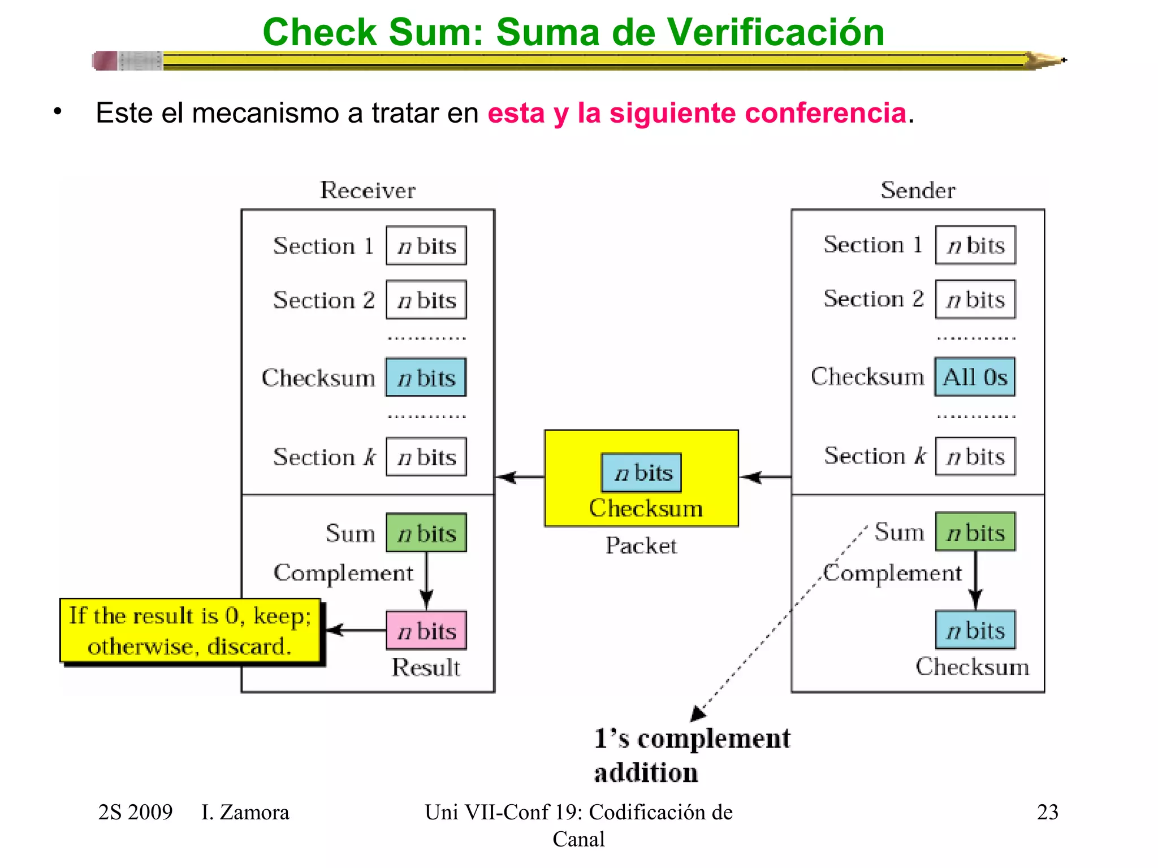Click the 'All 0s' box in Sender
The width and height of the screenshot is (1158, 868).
pyautogui.click(x=975, y=377)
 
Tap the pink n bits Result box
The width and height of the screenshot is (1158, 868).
pyautogui.click(x=426, y=631)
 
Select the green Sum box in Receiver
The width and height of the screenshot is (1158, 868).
pyautogui.click(x=426, y=533)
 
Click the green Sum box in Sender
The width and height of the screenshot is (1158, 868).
pyautogui.click(x=975, y=532)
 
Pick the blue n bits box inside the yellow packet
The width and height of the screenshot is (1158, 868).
pyautogui.click(x=642, y=472)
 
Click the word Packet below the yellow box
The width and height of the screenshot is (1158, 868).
pyautogui.click(x=641, y=546)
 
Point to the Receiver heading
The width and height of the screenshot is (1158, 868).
pyautogui.click(x=368, y=190)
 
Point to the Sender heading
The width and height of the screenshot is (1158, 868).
pyautogui.click(x=918, y=190)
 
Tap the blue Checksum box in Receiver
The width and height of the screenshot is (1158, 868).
pyautogui.click(x=426, y=377)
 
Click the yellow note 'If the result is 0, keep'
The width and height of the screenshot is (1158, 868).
pyautogui.click(x=190, y=630)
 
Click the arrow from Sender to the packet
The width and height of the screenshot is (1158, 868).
pyautogui.click(x=766, y=478)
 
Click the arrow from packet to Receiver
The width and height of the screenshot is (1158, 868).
pyautogui.click(x=520, y=478)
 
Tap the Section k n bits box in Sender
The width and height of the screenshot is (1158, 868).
pyautogui.click(x=975, y=456)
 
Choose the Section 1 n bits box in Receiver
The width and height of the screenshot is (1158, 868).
pyautogui.click(x=426, y=246)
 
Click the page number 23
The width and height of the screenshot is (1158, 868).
pyautogui.click(x=1047, y=812)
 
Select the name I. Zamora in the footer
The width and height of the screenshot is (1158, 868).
pyautogui.click(x=245, y=812)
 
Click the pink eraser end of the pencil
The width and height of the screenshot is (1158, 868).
pyautogui.click(x=105, y=60)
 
